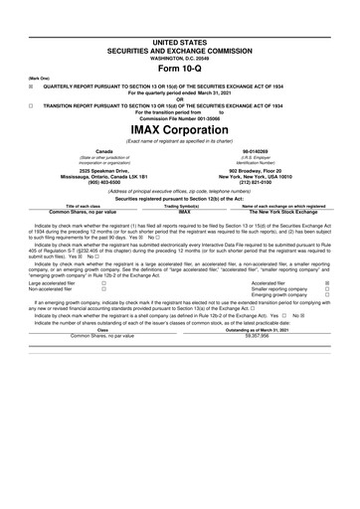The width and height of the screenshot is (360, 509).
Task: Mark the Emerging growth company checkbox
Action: (x=329, y=323)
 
